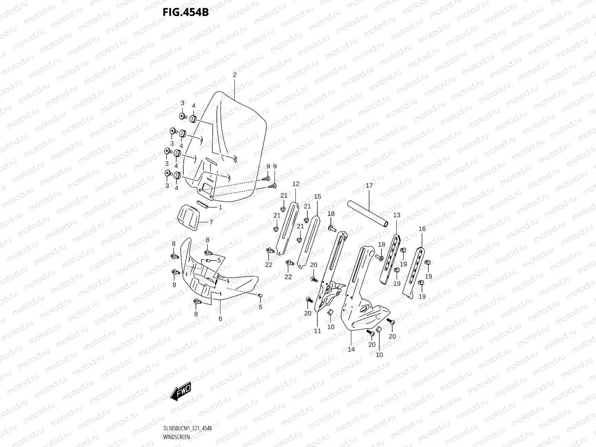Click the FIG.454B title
coord(186,12)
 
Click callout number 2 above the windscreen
coord(235,75)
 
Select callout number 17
coord(369,186)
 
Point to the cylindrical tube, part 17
coord(367,214)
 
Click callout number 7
coord(211,222)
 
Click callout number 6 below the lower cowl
coord(220,319)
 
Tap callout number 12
coord(296,184)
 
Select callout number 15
coord(317,196)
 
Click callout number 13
coord(397,215)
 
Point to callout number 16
coord(422,229)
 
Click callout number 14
coord(351,349)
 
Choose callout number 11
coord(317,331)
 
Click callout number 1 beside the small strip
coord(221,207)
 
